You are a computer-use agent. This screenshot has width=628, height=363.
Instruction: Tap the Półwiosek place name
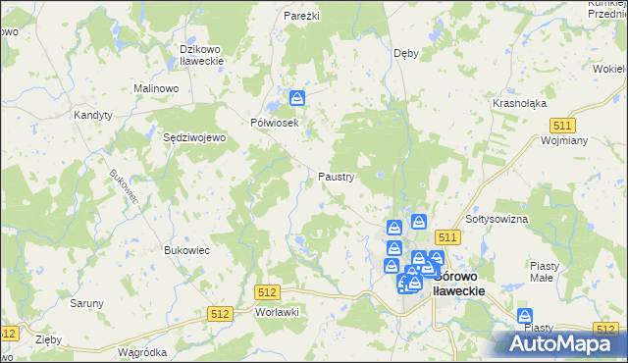tap(274, 122)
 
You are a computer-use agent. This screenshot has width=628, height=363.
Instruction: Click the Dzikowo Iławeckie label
tap(203, 54)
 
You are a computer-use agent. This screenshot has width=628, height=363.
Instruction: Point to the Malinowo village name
tap(155, 88)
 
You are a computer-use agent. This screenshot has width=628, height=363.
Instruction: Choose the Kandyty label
tap(93, 115)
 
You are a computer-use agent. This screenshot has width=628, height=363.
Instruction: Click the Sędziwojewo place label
tap(194, 138)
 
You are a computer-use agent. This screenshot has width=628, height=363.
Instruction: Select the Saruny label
tap(86, 303)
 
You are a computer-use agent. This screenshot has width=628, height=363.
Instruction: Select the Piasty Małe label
tap(544, 271)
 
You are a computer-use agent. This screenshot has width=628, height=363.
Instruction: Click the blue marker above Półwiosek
tap(297, 97)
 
